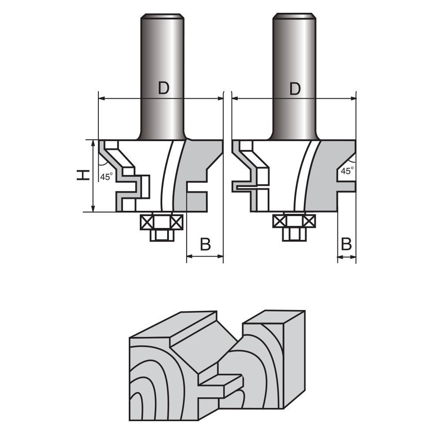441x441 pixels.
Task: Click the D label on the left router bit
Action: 164,88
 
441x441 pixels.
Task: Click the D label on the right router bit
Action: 295,88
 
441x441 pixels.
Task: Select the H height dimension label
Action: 82,176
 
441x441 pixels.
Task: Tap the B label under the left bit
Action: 205,244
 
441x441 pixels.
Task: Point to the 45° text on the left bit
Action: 106,177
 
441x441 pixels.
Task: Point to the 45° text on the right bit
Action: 348,171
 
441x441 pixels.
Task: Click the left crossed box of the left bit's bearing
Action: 146,221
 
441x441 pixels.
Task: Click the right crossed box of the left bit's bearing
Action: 176,221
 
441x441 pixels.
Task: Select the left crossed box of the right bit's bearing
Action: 279,220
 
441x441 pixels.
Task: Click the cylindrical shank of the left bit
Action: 162,53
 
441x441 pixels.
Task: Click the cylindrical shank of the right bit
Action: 294,53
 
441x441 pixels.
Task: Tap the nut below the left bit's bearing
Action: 161,235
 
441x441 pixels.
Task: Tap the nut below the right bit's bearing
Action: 293,234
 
